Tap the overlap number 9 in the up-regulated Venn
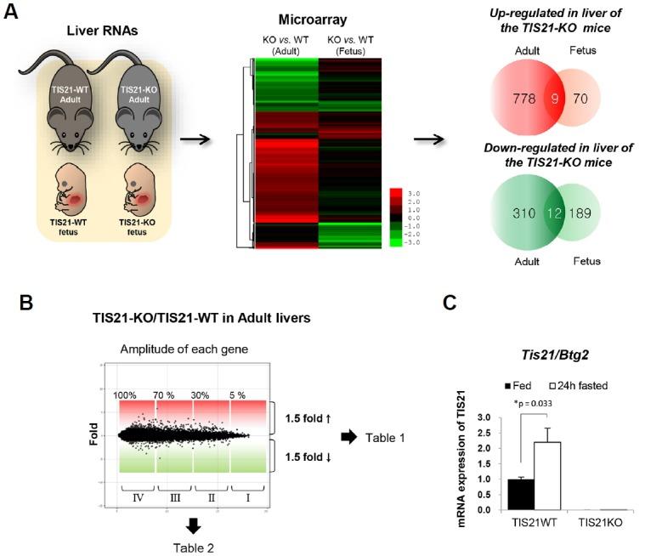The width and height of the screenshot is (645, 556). click(x=552, y=99)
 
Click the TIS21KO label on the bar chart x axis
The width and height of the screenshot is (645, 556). click(x=601, y=525)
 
